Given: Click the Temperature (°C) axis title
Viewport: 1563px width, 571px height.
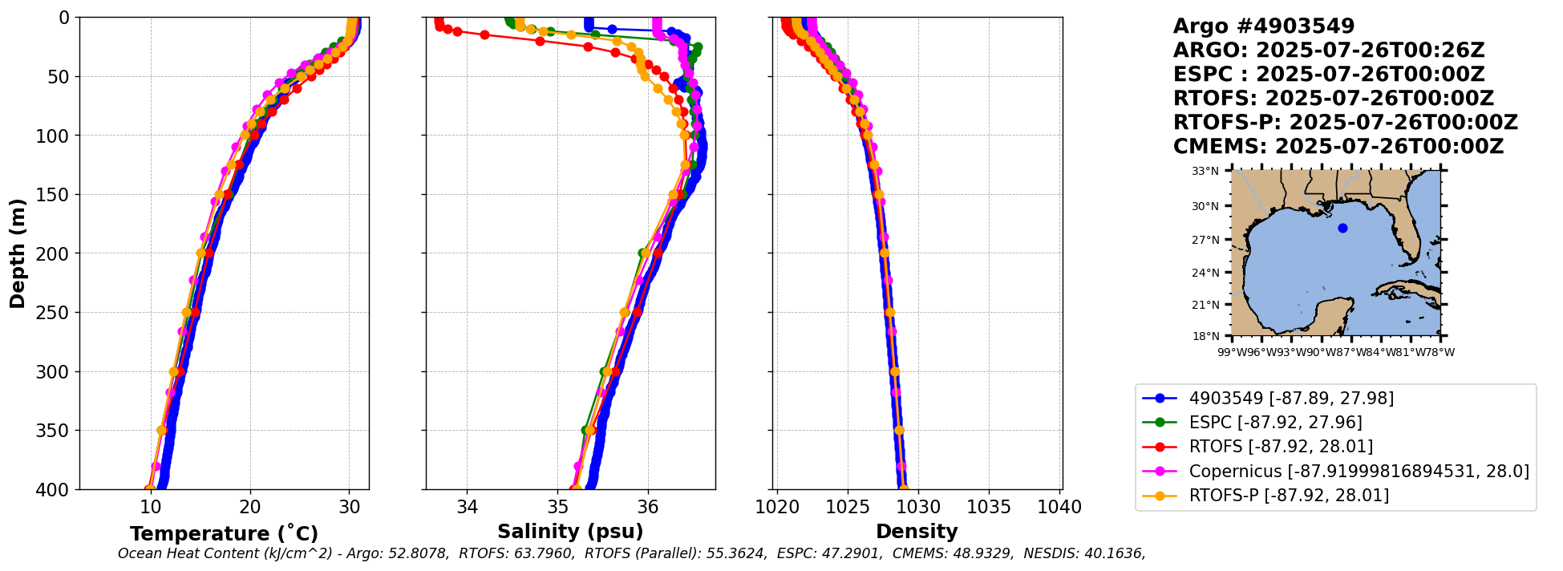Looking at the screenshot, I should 224,534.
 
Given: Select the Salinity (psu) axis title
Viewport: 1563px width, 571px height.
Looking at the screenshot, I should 570,532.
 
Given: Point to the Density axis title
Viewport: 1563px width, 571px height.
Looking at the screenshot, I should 917,532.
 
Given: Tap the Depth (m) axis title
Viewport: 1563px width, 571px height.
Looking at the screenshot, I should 18,253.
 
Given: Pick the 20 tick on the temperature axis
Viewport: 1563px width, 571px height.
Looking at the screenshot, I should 250,508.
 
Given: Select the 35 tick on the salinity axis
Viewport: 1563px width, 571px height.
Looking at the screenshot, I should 557,508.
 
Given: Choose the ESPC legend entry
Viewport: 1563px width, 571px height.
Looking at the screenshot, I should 1275,423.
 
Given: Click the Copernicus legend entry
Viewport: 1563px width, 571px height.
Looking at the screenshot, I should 1359,471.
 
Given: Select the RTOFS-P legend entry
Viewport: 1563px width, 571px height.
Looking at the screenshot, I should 1289,495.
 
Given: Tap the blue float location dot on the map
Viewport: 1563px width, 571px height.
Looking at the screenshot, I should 1342,229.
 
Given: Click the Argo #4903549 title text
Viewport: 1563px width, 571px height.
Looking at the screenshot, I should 1263,26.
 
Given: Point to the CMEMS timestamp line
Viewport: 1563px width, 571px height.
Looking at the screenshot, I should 1338,147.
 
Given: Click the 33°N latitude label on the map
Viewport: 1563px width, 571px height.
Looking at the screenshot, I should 1205,172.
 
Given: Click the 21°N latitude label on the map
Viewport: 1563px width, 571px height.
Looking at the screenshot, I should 1205,305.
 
